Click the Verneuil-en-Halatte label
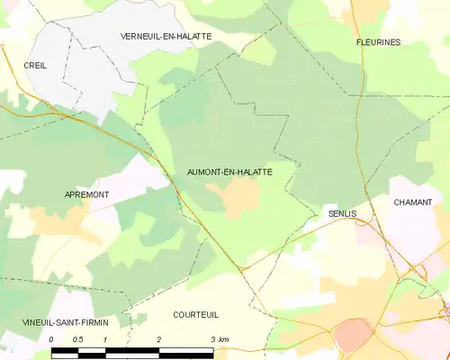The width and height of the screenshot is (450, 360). coord(165,35)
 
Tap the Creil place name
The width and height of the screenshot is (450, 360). coord(36,65)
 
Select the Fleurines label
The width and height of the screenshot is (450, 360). coord(379,42)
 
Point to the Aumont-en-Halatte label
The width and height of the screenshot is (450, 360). coord(229,170)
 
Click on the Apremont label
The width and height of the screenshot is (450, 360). coord(87,194)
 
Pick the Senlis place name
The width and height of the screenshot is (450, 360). coord(343,213)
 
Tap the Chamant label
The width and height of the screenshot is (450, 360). coord(412,202)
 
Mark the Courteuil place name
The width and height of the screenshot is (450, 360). coord(195,314)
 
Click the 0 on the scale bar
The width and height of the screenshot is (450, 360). coord(51,338)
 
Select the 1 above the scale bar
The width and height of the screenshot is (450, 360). coord(105,338)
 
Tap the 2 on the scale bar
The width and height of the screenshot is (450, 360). coord(159,338)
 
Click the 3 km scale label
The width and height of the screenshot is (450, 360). coord(219,338)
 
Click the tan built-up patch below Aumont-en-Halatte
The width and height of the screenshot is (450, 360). coord(239,197)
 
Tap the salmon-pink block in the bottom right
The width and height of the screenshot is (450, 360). coord(355,334)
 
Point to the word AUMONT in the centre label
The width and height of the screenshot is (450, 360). coord(205,170)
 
